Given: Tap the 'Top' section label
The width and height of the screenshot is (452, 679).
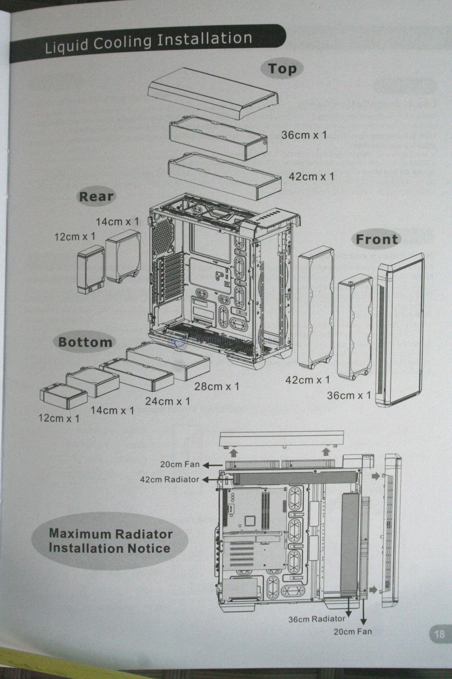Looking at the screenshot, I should coord(282,69).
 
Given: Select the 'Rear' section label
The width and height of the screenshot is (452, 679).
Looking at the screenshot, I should coord(96,196).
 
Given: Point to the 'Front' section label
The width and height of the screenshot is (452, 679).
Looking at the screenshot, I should coord(377,239).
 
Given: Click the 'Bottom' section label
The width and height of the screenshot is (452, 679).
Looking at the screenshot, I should coord(85,341).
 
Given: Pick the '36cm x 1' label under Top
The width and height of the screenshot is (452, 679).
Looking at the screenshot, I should coord(304,135).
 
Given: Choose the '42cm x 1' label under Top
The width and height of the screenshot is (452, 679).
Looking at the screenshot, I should coord(311,176).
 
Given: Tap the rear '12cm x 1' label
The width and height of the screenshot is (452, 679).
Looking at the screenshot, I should coord(75,237).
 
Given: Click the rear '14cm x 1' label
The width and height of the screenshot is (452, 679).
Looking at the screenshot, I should coord(117,222).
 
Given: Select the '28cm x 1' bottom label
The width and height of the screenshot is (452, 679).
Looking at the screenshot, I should coord(217,387).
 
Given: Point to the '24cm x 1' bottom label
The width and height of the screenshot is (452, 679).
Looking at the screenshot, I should coord(168,401).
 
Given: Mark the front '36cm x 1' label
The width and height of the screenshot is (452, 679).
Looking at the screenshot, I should coord(349,395).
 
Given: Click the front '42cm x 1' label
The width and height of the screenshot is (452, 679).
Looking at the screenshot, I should coord(308,380).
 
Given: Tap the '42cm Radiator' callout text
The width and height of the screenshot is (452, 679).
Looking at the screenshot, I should coord(169,479).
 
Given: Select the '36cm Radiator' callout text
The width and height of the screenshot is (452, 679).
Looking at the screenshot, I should coord(317,619).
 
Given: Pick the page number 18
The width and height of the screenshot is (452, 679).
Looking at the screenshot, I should coord(439,634).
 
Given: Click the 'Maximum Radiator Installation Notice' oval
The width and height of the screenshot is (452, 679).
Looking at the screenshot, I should coord(110,541).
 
